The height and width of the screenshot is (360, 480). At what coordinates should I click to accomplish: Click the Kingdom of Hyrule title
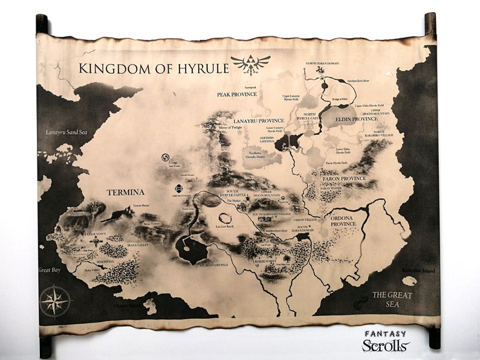tap(154, 68)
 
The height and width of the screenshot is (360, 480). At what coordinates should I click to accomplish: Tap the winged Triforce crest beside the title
tap(250, 65)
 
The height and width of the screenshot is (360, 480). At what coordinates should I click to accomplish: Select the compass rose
tap(55, 301)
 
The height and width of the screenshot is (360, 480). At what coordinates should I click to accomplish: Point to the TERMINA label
tap(125, 192)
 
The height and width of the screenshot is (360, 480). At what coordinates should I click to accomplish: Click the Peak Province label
tap(238, 94)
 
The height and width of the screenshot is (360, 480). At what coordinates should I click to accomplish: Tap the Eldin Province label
tap(356, 119)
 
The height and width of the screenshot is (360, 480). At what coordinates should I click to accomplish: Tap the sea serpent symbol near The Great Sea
tap(360, 300)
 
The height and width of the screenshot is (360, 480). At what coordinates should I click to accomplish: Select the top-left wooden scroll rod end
tap(42, 24)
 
